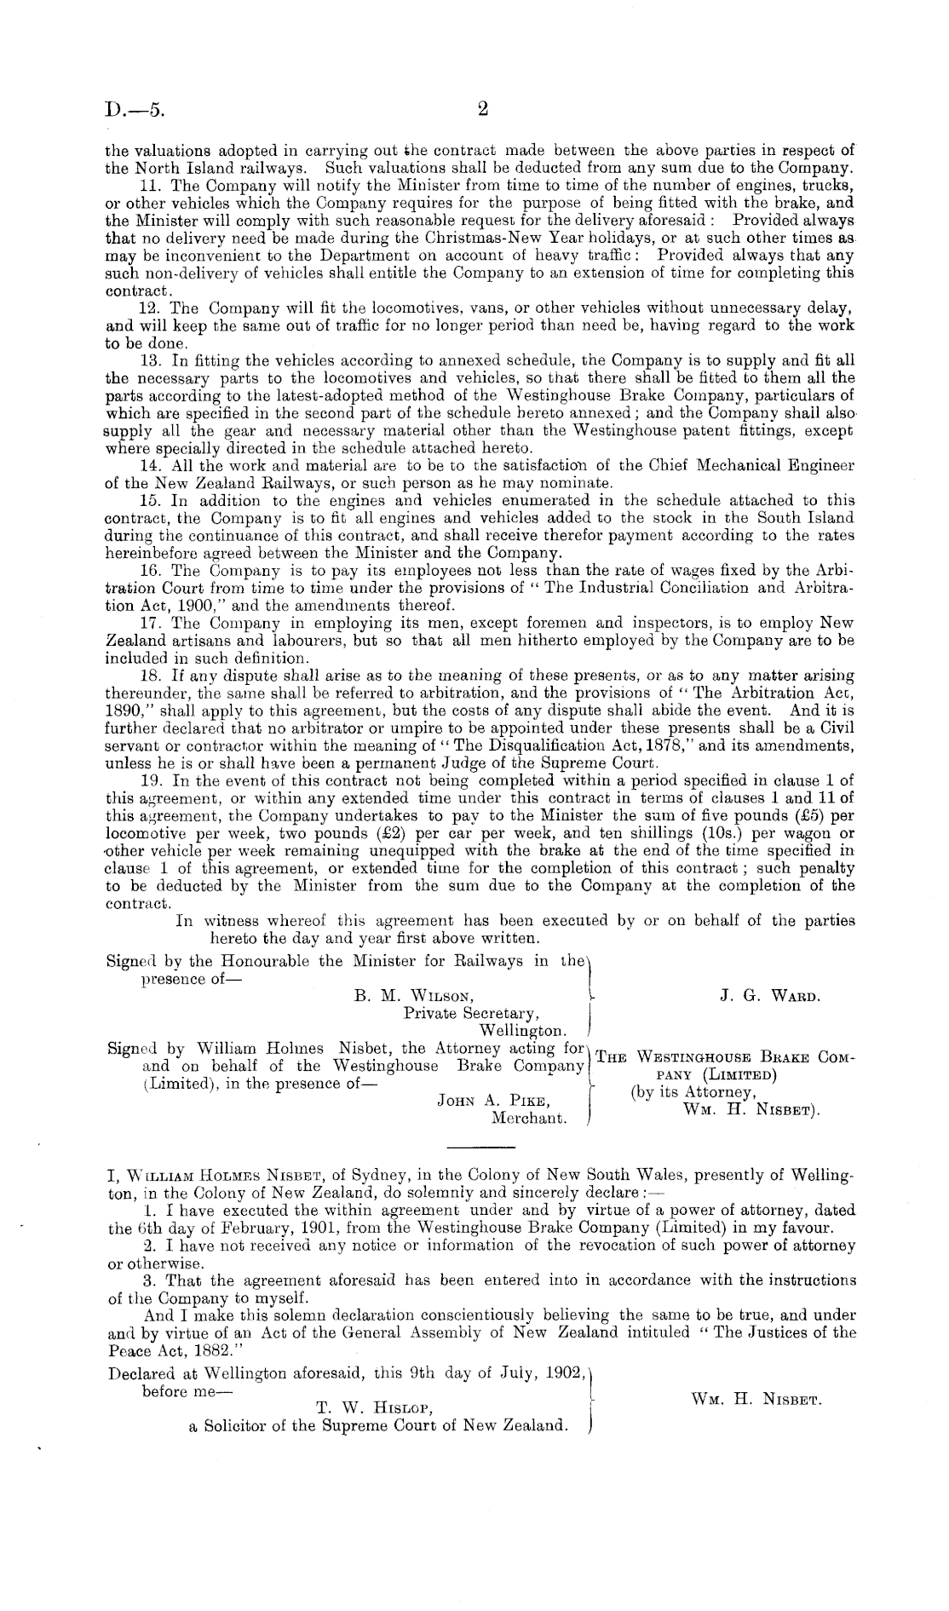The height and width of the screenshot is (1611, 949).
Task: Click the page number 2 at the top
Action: tap(481, 109)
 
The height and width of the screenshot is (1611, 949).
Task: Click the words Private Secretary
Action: tap(471, 1014)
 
